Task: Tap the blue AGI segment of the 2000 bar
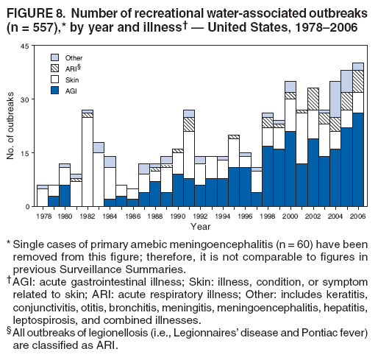[x=290, y=169]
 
